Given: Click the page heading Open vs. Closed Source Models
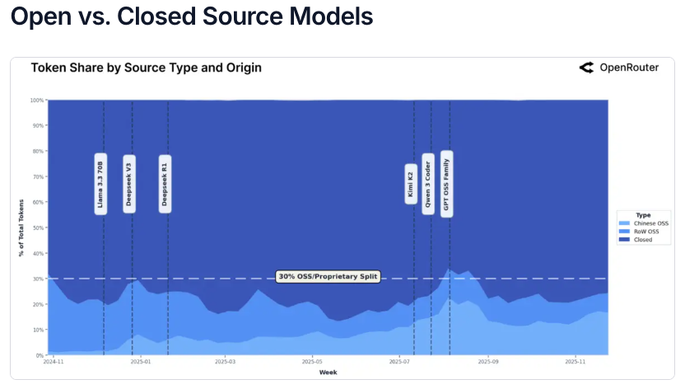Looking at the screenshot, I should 192,16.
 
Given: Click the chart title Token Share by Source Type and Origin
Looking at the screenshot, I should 147,68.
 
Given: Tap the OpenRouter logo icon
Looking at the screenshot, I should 586,68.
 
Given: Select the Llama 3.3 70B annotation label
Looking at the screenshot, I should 100,183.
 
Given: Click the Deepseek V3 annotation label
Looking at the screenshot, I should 129,183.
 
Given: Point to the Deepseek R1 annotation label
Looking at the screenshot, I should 165,183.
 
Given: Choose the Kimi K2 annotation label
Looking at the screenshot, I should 411,183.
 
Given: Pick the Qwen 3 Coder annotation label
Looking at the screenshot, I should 428,183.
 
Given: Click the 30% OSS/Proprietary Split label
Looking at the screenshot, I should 329,277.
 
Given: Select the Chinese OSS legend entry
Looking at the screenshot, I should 650,223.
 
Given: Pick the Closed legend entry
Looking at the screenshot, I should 642,240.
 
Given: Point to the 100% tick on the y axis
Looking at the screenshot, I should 37,101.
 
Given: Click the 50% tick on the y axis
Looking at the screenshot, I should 38,227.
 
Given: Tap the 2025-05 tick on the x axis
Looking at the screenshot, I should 312,361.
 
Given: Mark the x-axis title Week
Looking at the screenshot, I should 328,372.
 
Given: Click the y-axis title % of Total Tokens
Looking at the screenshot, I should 21,227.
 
